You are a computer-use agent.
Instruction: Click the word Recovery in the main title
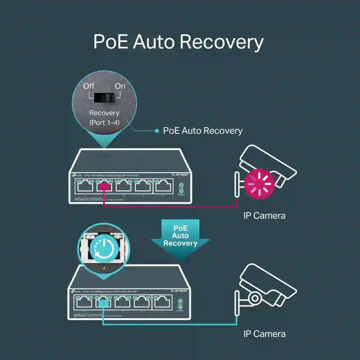click(221, 42)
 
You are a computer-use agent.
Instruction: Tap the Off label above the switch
click(89, 86)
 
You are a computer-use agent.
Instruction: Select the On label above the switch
click(120, 86)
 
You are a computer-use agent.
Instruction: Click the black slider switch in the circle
click(104, 97)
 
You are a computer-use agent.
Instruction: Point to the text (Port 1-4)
click(104, 122)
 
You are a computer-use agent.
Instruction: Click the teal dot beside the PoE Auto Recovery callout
click(157, 131)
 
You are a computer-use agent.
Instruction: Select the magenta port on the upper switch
click(104, 186)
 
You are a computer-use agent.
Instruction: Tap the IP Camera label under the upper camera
click(264, 216)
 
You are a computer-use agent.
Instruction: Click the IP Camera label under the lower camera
click(264, 334)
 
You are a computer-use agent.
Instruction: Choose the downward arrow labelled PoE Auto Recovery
click(180, 238)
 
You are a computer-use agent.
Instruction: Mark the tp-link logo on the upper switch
click(76, 175)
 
